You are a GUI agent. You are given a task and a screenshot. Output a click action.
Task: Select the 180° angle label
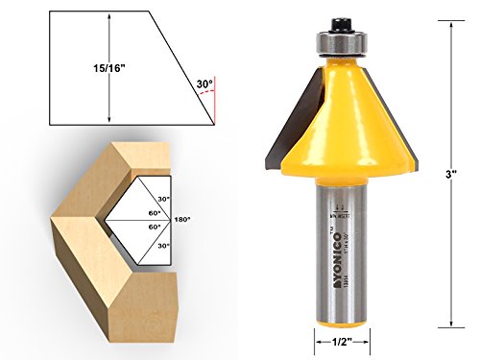pyautogui.click(x=182, y=219)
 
